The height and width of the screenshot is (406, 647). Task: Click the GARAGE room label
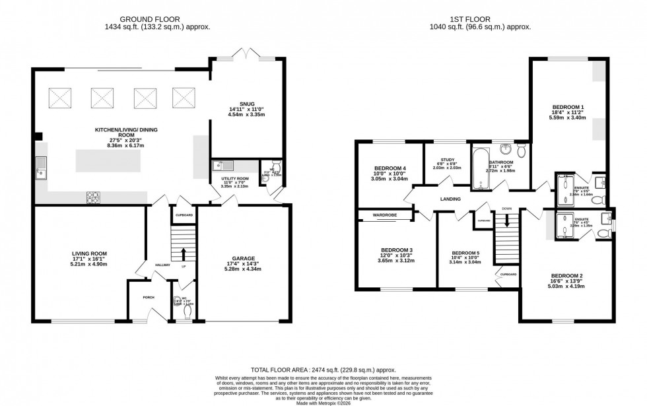click(243, 258)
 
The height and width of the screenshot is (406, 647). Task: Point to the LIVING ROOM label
click(89, 253)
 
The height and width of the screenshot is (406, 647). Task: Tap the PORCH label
click(149, 298)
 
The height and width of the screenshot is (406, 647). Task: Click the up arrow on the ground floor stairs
click(184, 254)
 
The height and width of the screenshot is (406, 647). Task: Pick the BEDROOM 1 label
click(568, 107)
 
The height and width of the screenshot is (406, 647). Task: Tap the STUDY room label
click(447, 159)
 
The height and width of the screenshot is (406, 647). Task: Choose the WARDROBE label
click(384, 215)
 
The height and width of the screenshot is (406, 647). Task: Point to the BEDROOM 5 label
click(465, 253)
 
